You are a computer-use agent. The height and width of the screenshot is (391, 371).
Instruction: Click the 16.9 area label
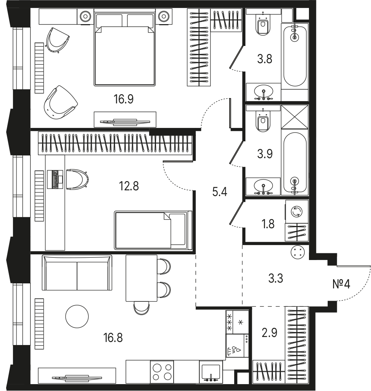[123, 99]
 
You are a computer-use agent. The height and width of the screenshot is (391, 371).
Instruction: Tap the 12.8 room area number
[129, 186]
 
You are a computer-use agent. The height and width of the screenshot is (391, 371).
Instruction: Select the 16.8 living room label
[113, 338]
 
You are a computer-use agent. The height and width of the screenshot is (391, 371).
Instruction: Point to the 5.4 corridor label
[220, 192]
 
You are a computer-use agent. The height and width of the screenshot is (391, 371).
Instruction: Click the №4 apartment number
[341, 284]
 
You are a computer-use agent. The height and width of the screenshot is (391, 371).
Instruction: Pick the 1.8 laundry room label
[268, 224]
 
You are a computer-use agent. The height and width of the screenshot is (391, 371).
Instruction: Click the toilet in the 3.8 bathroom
[263, 23]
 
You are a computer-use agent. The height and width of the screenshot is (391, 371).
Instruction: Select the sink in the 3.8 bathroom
[263, 92]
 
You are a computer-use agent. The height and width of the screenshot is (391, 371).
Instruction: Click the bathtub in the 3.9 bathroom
[295, 164]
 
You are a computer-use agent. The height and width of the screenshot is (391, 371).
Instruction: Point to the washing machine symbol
[297, 212]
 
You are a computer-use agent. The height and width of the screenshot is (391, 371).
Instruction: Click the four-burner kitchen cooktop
[162, 371]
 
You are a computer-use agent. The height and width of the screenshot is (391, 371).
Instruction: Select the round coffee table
[77, 316]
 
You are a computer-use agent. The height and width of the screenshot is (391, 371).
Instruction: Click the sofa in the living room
[77, 273]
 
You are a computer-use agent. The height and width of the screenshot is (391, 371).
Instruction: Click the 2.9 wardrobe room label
[269, 333]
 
